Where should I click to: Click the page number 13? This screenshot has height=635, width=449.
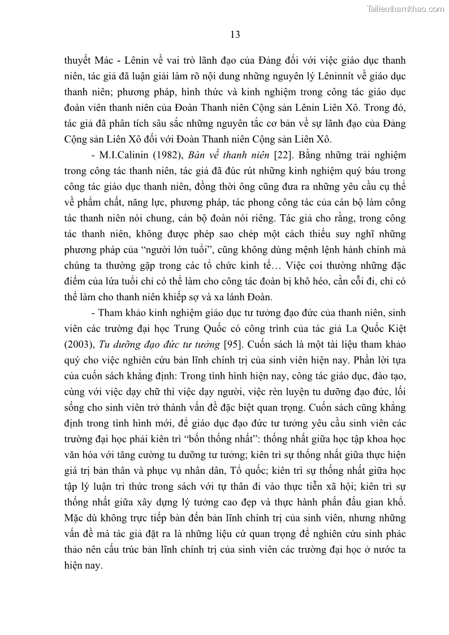pos(236,34)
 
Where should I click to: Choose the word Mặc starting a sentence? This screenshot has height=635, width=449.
pos(75,518)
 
